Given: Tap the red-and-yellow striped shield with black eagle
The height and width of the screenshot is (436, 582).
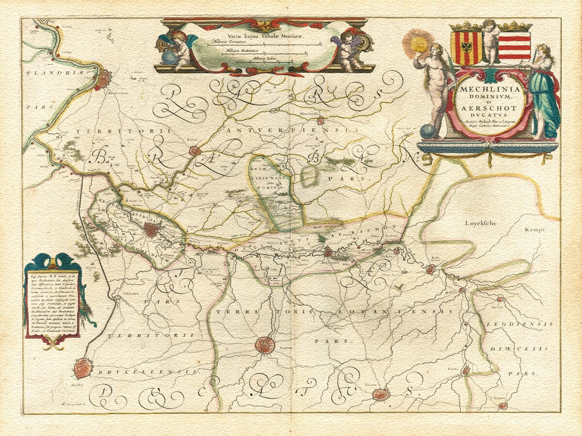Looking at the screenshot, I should click(466, 47).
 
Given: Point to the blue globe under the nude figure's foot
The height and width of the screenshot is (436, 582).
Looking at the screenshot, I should click(427, 131).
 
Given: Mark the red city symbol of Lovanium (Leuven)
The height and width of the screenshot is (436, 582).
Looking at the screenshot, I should click(265, 345).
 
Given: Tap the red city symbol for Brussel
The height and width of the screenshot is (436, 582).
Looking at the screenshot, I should click(83, 368).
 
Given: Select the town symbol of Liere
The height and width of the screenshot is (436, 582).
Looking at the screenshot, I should click(195, 151).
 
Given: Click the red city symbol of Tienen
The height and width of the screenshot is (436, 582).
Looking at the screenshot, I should click(381, 394).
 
